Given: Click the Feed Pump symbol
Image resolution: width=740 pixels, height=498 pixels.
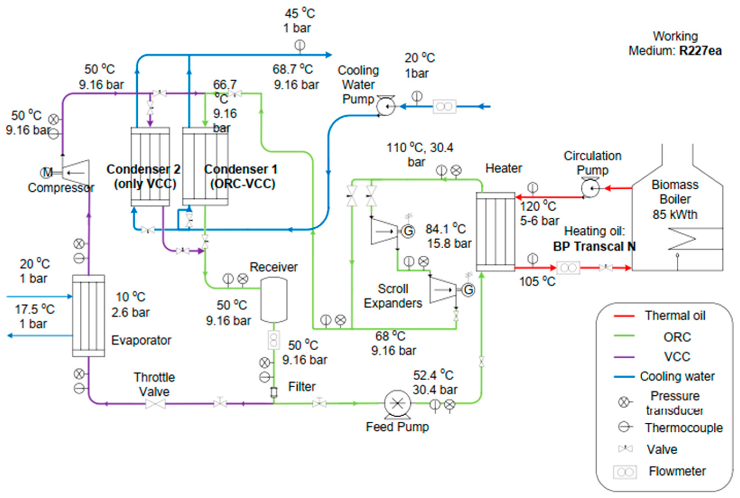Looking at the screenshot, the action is click(397, 404).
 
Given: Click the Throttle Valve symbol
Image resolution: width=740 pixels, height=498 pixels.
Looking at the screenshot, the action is click(155, 404).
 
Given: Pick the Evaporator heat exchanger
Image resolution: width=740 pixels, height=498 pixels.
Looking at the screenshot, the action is click(88, 316).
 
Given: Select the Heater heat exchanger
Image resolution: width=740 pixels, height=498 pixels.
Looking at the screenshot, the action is click(495, 232).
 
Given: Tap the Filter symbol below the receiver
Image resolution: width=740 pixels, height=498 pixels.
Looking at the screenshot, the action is click(273, 393).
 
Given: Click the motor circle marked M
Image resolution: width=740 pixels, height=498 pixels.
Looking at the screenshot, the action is click(46, 173).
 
